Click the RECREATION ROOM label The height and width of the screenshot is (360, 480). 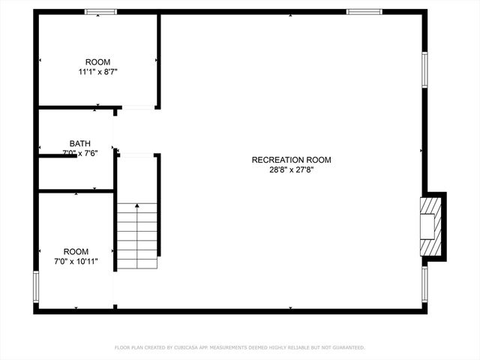291,160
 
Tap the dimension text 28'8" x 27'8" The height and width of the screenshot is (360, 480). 291,169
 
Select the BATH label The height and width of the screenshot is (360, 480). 80,143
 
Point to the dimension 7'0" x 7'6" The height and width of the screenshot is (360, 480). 80,153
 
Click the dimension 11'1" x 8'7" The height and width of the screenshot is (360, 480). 97,72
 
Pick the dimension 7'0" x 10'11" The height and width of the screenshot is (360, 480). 76,262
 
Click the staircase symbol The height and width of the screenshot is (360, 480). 137,235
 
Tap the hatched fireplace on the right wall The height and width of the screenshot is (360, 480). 430,227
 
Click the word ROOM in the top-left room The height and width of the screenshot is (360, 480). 97,62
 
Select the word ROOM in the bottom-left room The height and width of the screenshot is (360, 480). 76,252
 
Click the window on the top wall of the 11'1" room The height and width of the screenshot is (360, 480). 100,12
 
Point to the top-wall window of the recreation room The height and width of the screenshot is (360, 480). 364,12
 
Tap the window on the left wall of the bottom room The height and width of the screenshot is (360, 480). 35,286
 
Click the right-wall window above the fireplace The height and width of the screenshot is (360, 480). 424,69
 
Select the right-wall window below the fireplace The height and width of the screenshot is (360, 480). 424,283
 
